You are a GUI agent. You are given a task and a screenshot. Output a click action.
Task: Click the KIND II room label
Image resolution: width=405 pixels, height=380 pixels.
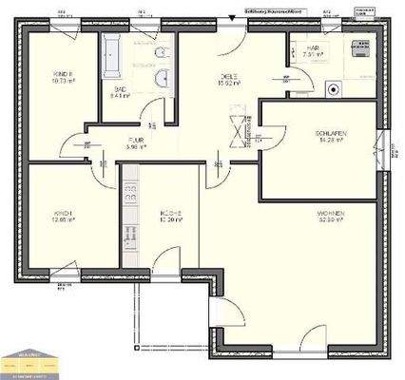click(x=64, y=75)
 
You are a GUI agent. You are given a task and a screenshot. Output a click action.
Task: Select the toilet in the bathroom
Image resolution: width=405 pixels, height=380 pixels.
click(x=161, y=52)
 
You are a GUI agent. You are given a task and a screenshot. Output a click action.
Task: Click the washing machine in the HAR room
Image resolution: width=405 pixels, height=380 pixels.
click(x=335, y=90)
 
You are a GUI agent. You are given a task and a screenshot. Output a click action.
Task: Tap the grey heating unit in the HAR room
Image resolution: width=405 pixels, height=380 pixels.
click(x=364, y=48)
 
